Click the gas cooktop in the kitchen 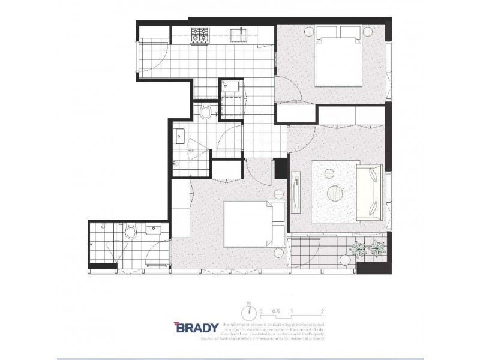pyautogui.click(x=199, y=36)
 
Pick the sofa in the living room pyautogui.click(x=369, y=192)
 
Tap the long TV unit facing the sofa pyautogui.click(x=296, y=191)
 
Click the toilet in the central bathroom pyautogui.click(x=206, y=112)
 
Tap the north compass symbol pyautogui.click(x=246, y=313)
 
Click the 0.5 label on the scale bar pyautogui.click(x=276, y=311)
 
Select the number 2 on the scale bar pyautogui.click(x=323, y=311)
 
